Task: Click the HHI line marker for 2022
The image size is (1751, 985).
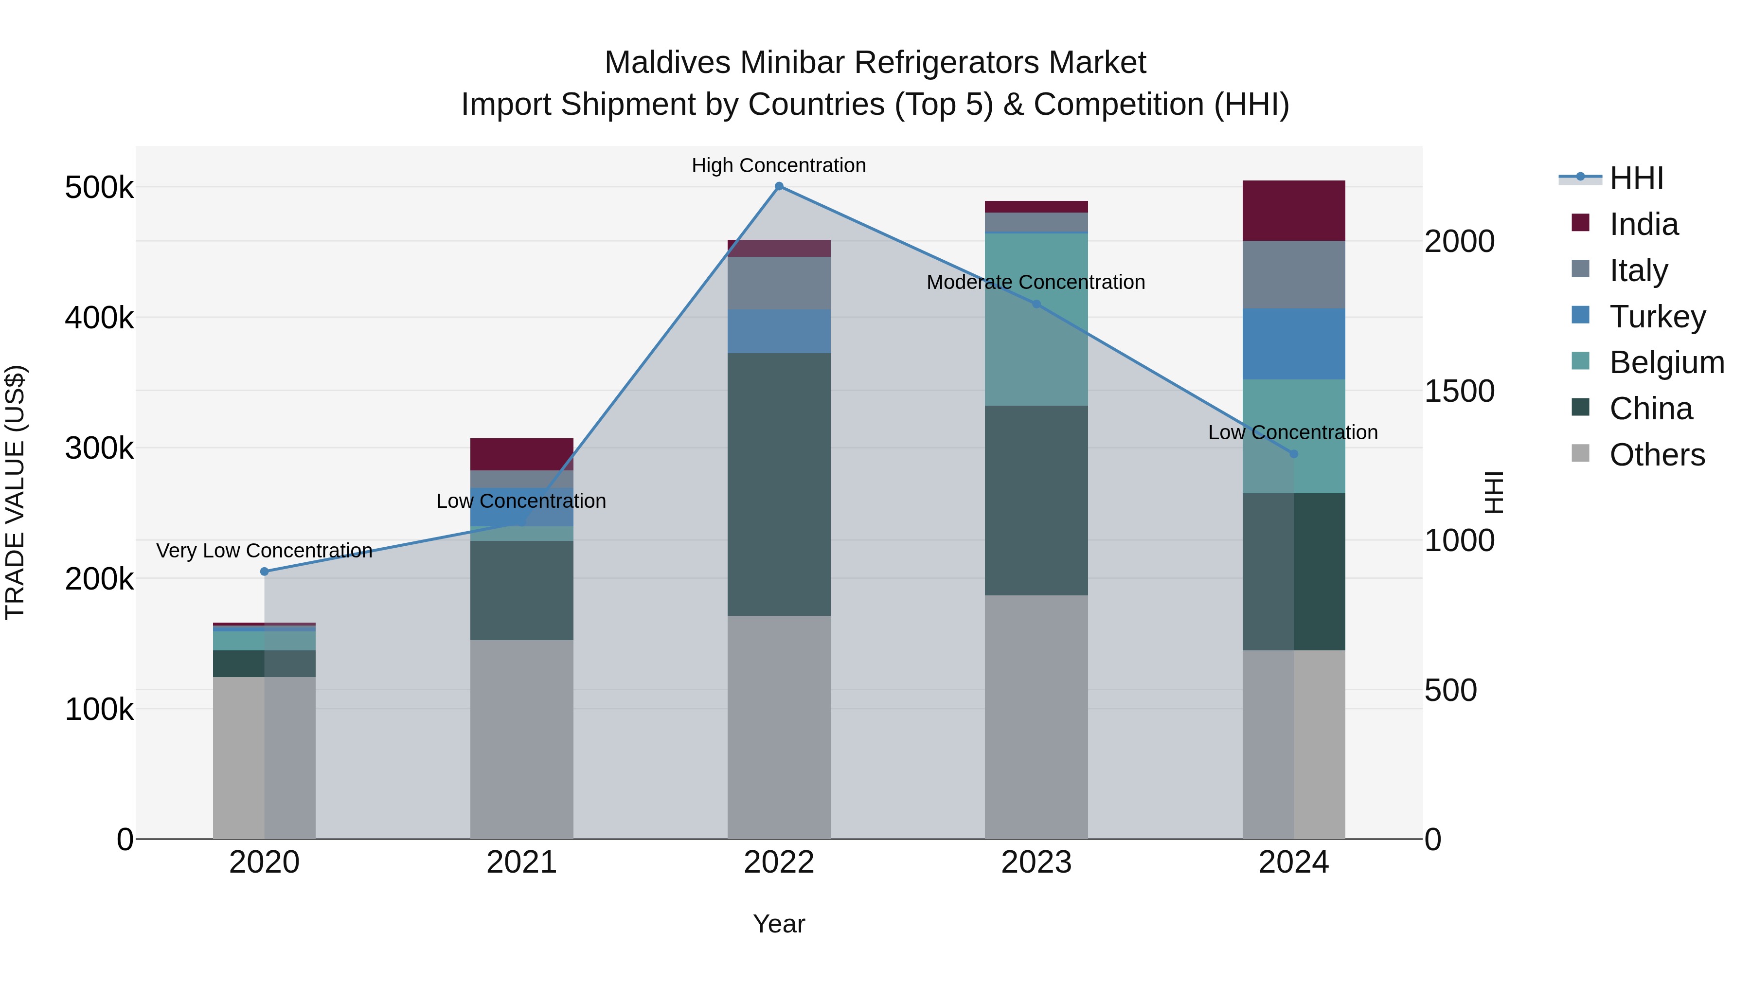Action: pyautogui.click(x=779, y=186)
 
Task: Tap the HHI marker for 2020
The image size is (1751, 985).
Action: pyautogui.click(x=265, y=572)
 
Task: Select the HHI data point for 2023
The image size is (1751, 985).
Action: pyautogui.click(x=1036, y=304)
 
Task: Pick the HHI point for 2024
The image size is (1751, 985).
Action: pyautogui.click(x=1293, y=453)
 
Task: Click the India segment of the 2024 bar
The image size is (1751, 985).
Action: pyautogui.click(x=1293, y=211)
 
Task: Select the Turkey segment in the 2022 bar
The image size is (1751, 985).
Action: pyautogui.click(x=779, y=331)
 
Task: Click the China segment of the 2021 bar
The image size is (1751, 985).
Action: pyautogui.click(x=521, y=590)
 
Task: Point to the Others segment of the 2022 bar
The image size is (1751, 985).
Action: pyautogui.click(x=779, y=727)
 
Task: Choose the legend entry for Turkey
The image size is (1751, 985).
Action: pyautogui.click(x=1657, y=317)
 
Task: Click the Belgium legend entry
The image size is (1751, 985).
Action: pyautogui.click(x=1666, y=362)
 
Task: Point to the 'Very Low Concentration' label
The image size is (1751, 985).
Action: pyautogui.click(x=265, y=551)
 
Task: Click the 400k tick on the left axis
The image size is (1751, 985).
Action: pyautogui.click(x=99, y=318)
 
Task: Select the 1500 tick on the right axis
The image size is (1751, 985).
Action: pyautogui.click(x=1459, y=392)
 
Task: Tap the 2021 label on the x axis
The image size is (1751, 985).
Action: pyautogui.click(x=521, y=862)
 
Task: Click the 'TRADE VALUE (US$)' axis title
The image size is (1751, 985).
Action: pyautogui.click(x=16, y=492)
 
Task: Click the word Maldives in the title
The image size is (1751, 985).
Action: pyautogui.click(x=667, y=63)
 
